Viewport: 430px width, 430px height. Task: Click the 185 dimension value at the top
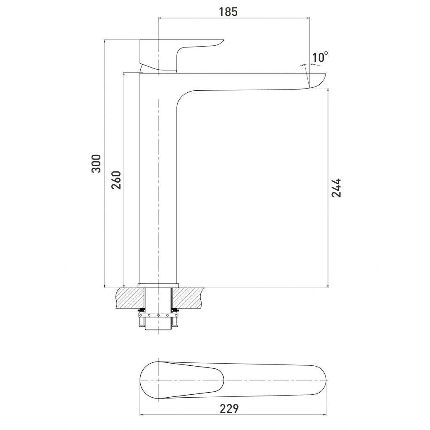228,12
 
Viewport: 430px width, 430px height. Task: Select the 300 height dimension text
96,164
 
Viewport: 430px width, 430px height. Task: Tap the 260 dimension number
116,180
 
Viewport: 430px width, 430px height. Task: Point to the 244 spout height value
336,188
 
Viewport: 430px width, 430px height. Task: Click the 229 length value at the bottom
229,409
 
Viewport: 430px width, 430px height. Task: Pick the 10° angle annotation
320,57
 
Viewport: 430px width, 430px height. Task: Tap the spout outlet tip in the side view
318,81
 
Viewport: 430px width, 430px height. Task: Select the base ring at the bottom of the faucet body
158,286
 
